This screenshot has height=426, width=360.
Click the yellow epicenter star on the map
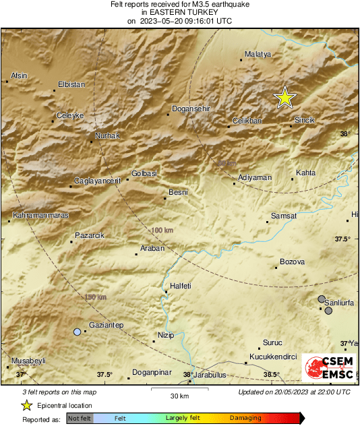[x=285, y=98]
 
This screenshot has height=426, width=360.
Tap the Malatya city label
[x=258, y=54]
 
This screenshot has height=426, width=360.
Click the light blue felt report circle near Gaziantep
[x=78, y=332]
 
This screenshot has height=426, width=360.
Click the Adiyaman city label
[x=256, y=178]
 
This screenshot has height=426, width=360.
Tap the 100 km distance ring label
[x=162, y=231]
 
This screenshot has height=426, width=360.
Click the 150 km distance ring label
[x=95, y=297]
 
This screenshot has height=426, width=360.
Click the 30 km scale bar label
[x=179, y=395]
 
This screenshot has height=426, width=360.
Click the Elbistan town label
[x=72, y=84]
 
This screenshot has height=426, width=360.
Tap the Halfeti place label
[x=181, y=286]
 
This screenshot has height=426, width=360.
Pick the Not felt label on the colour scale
[x=80, y=419]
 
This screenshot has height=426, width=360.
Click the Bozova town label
[x=292, y=262]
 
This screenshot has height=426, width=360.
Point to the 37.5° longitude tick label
[x=104, y=375]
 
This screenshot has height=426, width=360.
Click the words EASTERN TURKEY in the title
[x=179, y=12]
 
